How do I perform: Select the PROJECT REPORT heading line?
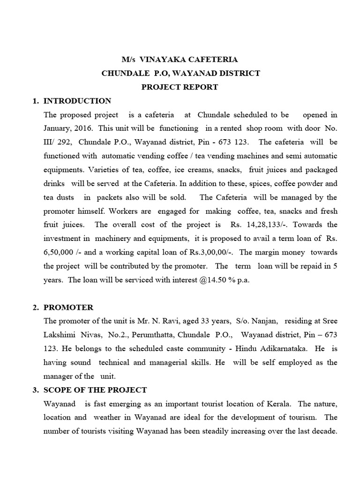tap(180, 87)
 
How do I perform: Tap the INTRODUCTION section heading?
tap(77, 101)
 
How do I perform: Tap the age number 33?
tap(210, 321)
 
